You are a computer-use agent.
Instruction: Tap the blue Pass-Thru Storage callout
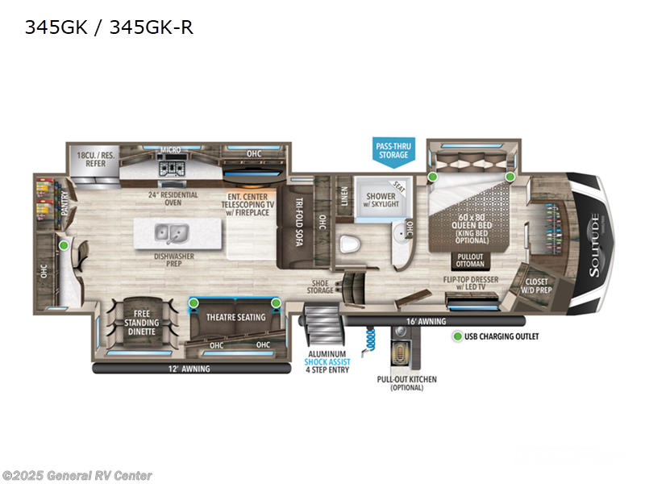tap(393, 151)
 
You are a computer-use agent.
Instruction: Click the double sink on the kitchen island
tap(171, 233)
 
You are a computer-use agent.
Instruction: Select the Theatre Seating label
tap(235, 317)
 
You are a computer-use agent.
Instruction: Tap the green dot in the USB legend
tap(457, 336)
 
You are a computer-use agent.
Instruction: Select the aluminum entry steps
tap(321, 330)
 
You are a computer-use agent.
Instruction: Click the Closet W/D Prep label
tap(536, 286)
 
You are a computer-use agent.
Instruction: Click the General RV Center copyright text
tap(77, 476)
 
